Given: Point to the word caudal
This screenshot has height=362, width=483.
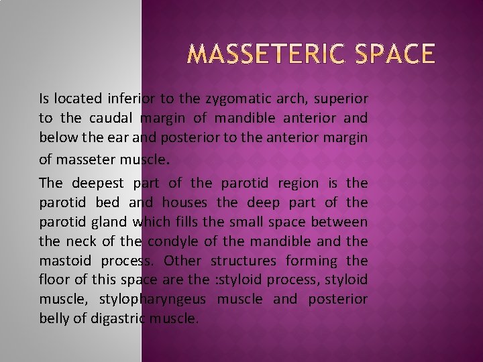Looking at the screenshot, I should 110,119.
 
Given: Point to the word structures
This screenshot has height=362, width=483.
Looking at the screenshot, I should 243,260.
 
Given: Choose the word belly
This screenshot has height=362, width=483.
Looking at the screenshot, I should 54,318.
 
